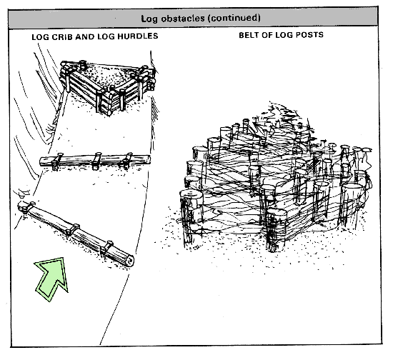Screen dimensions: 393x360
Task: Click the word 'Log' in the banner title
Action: coord(149,19)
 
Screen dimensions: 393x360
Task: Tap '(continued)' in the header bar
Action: coord(234,18)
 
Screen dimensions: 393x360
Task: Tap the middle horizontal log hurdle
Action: coord(95,161)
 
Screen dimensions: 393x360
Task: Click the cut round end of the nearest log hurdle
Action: coord(130,261)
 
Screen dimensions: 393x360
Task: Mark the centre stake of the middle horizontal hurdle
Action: coord(96,161)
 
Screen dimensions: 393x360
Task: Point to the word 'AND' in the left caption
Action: coord(85,36)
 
